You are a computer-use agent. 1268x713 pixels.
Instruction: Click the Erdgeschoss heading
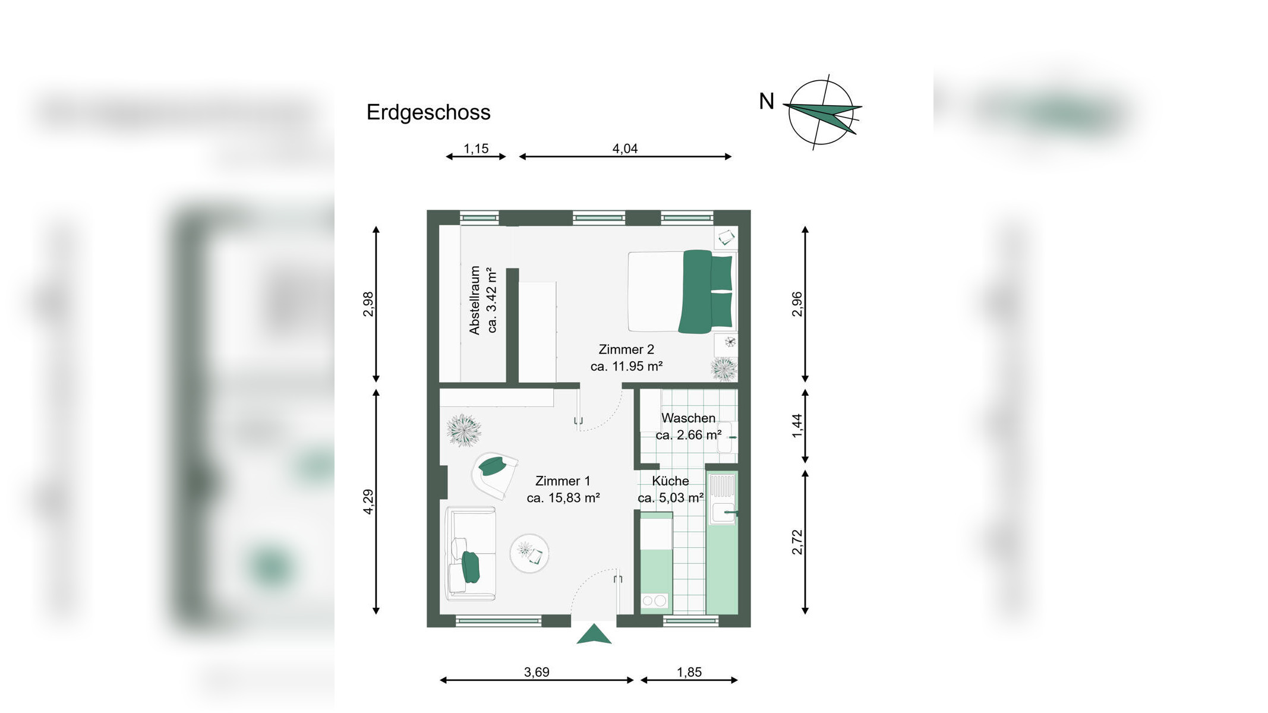[428, 112]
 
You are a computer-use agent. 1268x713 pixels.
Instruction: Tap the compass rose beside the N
[822, 112]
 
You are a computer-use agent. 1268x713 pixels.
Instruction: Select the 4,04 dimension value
[625, 149]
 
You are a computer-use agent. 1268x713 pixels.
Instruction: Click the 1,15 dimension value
[476, 149]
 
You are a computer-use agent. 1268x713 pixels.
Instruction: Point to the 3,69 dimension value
[537, 672]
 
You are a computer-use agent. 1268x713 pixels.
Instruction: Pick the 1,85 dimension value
[689, 672]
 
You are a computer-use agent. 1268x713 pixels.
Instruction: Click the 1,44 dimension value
[797, 425]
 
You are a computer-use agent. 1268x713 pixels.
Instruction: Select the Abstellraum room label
[474, 300]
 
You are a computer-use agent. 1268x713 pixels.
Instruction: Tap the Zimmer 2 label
[626, 349]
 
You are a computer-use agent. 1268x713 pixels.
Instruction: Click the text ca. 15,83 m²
[563, 498]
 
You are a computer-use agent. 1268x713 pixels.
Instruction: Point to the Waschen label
[688, 418]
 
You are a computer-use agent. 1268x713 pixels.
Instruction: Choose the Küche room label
[670, 481]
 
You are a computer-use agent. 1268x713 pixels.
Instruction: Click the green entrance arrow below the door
[594, 634]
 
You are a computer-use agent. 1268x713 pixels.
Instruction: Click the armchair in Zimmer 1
[494, 475]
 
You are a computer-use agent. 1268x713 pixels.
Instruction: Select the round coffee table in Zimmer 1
[529, 553]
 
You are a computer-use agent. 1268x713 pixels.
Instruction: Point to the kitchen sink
[723, 499]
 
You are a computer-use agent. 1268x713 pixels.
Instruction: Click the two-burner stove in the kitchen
[654, 601]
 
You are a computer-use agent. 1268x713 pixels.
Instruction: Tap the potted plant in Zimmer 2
[724, 369]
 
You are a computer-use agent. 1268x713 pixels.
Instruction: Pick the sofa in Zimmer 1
[471, 553]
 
